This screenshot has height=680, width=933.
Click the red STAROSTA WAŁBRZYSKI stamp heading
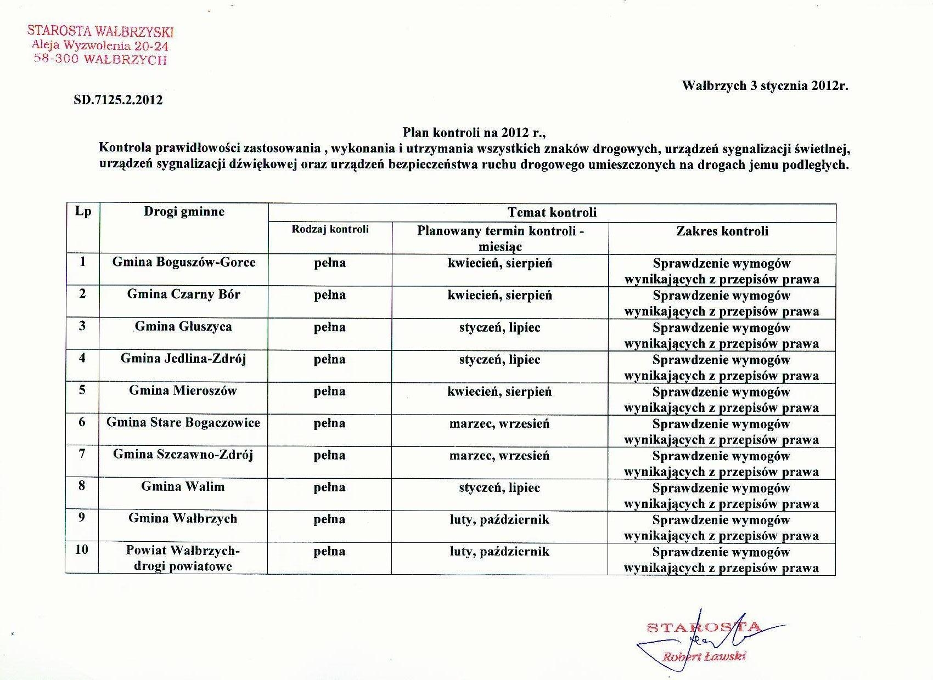click(100, 31)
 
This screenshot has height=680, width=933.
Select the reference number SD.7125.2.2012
click(118, 100)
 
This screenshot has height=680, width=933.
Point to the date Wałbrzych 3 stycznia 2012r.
click(765, 86)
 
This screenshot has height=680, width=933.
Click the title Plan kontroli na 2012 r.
click(475, 132)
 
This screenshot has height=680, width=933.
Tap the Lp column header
click(83, 212)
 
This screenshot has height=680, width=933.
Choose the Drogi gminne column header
click(184, 212)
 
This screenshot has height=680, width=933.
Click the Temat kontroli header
click(552, 212)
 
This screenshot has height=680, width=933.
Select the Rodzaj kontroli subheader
click(330, 229)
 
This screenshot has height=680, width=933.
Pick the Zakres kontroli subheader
click(722, 231)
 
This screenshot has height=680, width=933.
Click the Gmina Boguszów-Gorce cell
click(184, 262)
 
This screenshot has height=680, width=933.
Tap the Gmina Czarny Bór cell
click(184, 294)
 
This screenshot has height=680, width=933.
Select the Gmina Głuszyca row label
click(184, 327)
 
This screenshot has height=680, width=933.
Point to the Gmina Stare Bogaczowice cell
click(183, 423)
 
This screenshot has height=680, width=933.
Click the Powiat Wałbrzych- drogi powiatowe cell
click(183, 558)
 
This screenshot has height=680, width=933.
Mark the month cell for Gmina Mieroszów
click(499, 392)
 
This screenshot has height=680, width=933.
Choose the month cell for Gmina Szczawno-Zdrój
click(499, 456)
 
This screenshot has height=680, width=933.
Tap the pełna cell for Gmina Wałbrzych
click(330, 519)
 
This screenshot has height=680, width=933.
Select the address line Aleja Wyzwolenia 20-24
click(100, 46)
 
